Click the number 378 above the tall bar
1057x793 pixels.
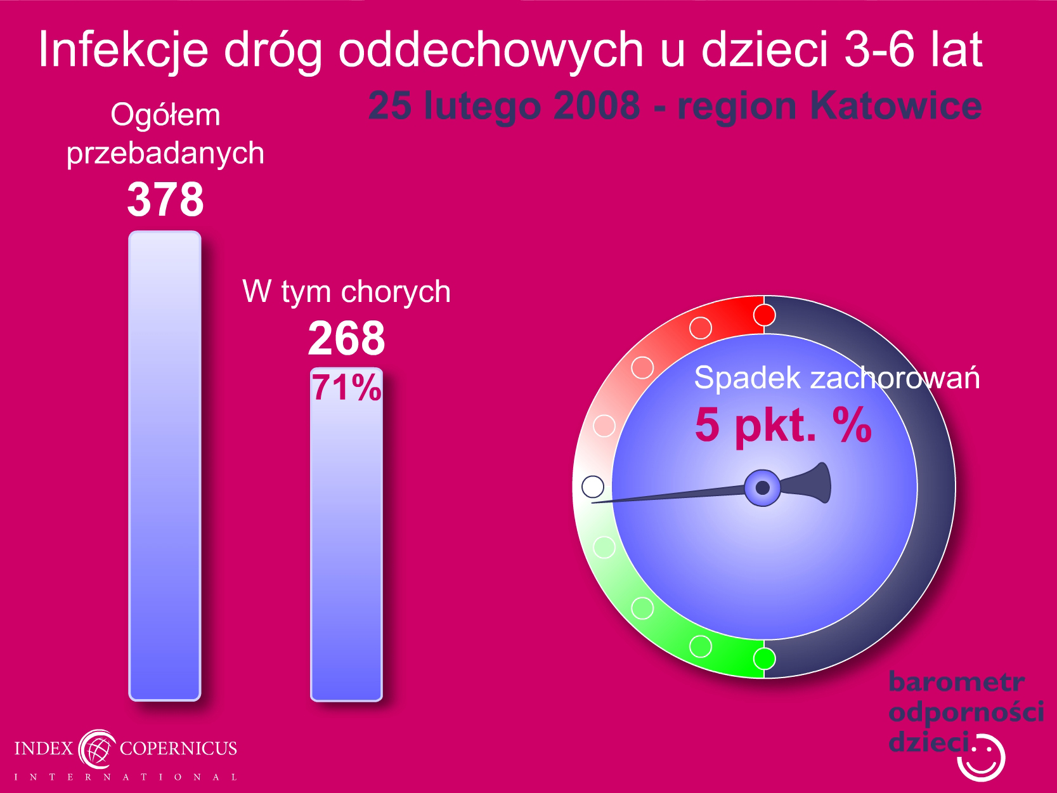[165, 199]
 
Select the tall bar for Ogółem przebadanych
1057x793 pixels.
[165, 466]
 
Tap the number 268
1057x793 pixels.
[346, 338]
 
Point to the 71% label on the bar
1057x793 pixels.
[347, 388]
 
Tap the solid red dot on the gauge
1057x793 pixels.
[764, 315]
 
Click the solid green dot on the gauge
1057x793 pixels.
[764, 658]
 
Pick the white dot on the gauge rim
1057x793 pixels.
[593, 487]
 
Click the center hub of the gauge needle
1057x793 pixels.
[762, 488]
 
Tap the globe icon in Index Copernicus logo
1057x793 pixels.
[97, 749]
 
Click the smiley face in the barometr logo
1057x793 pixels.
[982, 758]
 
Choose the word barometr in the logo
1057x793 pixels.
[956, 682]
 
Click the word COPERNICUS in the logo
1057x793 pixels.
[178, 748]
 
